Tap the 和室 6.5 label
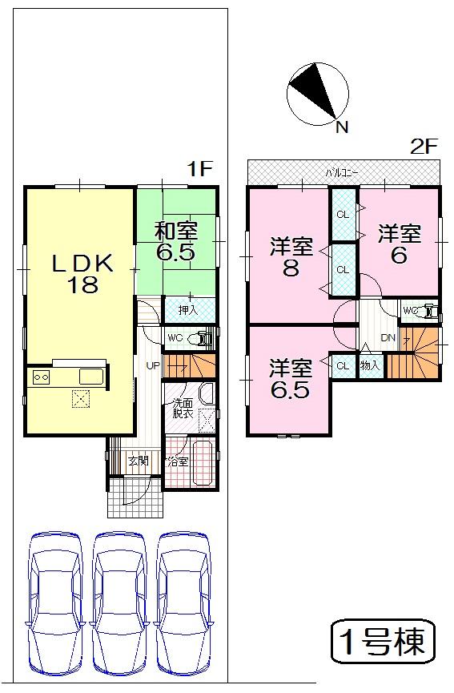[x=177, y=241]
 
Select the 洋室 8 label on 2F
[x=290, y=257]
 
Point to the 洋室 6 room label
[x=400, y=244]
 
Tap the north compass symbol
[x=318, y=91]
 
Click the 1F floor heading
[x=199, y=169]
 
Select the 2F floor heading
[x=423, y=147]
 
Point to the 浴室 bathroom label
[x=177, y=461]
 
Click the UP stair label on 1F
[x=152, y=366]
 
